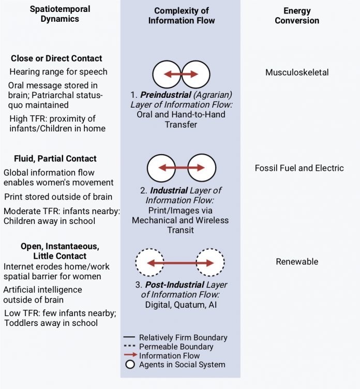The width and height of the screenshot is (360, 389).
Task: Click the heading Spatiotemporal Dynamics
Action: click(x=60, y=14)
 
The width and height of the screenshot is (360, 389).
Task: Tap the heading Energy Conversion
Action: click(x=297, y=16)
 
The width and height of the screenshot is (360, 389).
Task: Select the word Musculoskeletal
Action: click(x=297, y=72)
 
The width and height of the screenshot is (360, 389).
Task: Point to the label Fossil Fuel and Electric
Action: click(x=299, y=168)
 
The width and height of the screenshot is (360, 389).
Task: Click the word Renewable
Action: click(x=297, y=261)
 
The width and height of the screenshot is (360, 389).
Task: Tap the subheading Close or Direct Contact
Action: click(x=56, y=58)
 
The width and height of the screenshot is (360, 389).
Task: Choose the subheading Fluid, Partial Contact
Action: click(x=55, y=158)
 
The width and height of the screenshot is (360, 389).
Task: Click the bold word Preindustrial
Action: click(x=166, y=95)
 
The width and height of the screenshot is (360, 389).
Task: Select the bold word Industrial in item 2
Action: click(x=169, y=190)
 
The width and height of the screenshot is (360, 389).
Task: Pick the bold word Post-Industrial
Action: click(x=175, y=285)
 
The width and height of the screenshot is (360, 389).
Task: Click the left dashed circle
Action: click(x=136, y=262)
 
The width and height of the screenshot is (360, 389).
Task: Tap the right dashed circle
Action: click(x=224, y=262)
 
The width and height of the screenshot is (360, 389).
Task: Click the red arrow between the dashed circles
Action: click(x=181, y=263)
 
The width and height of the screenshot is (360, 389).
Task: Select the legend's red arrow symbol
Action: click(x=130, y=355)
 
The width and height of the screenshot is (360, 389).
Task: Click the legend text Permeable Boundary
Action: click(x=176, y=347)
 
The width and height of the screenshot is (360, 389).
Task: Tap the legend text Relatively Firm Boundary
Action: click(x=183, y=338)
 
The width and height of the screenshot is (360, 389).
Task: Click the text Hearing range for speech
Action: click(x=58, y=72)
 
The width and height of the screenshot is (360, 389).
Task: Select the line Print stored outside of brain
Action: click(x=58, y=197)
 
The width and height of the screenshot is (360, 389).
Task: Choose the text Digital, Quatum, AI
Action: click(x=181, y=305)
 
